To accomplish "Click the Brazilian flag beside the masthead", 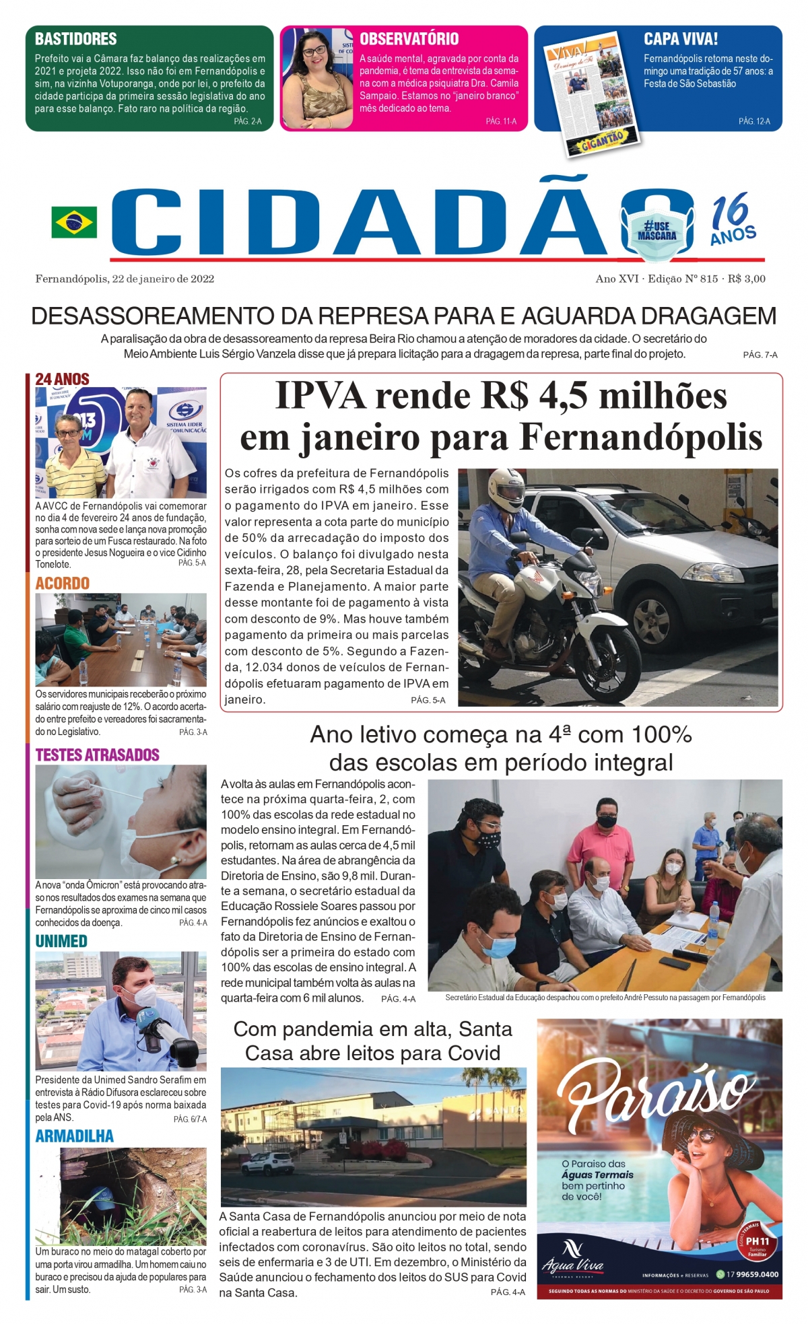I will [74, 223].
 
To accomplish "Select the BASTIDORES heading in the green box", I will [75, 39].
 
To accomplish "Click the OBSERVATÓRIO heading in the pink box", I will [409, 39].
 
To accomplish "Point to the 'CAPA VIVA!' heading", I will [680, 39].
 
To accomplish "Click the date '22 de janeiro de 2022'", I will [163, 279].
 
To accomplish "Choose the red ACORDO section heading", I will [62, 584].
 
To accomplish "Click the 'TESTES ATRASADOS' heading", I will [97, 755].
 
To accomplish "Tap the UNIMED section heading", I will [61, 941].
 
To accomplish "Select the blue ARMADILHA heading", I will [74, 1136].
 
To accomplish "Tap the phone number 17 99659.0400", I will [751, 1274].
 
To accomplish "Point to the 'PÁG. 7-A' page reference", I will [760, 355].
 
